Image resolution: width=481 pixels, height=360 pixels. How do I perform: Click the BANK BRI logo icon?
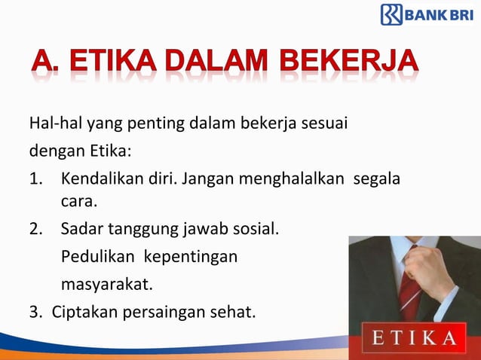coord(391,14)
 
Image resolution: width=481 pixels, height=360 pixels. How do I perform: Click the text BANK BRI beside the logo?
coord(440,14)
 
